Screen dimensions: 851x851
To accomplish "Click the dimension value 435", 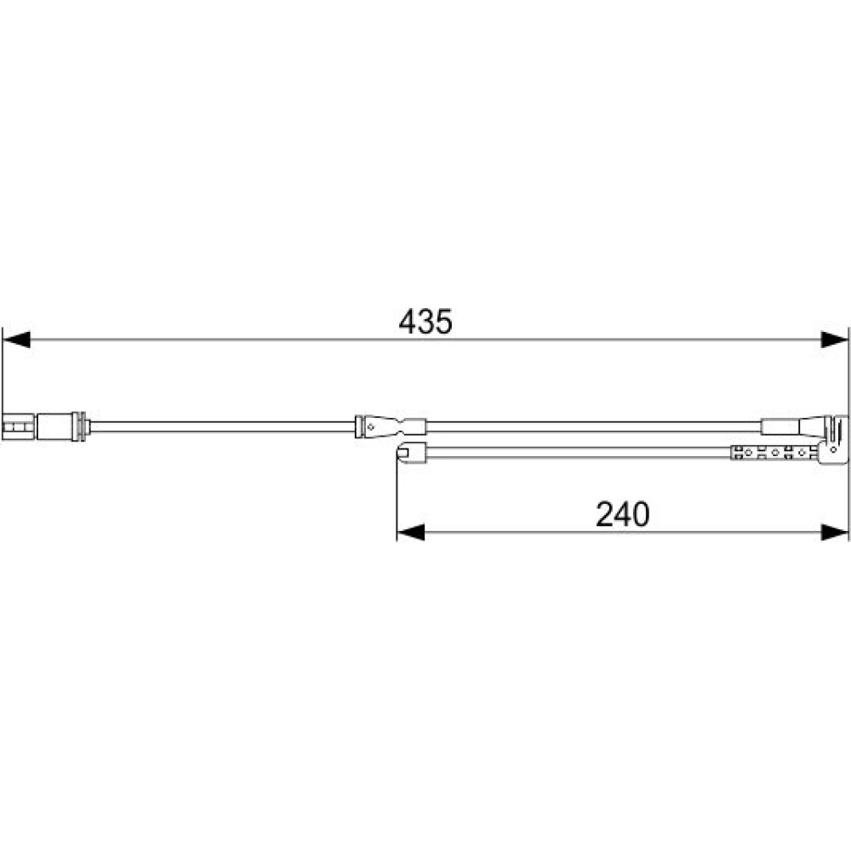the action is click(425, 322).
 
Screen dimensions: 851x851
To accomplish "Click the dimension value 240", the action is click(622, 514).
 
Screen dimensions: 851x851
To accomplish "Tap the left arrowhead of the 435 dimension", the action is click(15, 340).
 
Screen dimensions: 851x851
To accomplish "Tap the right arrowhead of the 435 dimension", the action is click(834, 340).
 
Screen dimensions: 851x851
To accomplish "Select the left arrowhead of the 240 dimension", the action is click(411, 533).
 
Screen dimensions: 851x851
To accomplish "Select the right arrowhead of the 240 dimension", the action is click(834, 533).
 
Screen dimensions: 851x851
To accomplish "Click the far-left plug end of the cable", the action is click(19, 427).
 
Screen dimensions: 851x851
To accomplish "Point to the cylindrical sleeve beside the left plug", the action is click(54, 426).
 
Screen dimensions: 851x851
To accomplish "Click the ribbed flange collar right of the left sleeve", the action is click(80, 426).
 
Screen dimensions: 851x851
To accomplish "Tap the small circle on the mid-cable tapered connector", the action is click(371, 427).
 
